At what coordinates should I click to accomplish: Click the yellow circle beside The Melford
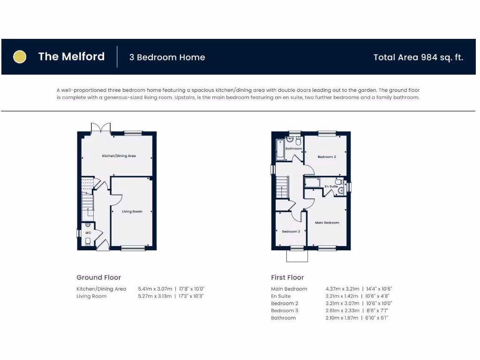[x=19, y=57]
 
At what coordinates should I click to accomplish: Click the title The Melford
[x=71, y=57]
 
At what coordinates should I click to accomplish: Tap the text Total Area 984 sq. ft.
[x=418, y=57]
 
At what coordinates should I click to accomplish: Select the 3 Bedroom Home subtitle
[x=167, y=57]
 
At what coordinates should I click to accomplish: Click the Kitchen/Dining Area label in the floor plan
[x=119, y=156]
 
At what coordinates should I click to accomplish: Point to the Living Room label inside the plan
[x=132, y=211]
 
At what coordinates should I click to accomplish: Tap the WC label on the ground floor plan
[x=88, y=232]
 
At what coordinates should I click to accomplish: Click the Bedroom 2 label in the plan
[x=326, y=157]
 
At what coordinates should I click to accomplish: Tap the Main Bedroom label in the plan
[x=327, y=223]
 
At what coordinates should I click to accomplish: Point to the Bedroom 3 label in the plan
[x=291, y=232]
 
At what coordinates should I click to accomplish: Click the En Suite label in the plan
[x=331, y=187]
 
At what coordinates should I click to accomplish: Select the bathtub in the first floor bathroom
[x=280, y=149]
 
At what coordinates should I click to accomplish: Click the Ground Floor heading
[x=98, y=277]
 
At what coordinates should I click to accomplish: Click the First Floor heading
[x=287, y=277]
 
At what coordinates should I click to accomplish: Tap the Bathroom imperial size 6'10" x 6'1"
[x=377, y=318]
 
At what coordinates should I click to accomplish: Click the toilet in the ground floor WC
[x=88, y=241]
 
